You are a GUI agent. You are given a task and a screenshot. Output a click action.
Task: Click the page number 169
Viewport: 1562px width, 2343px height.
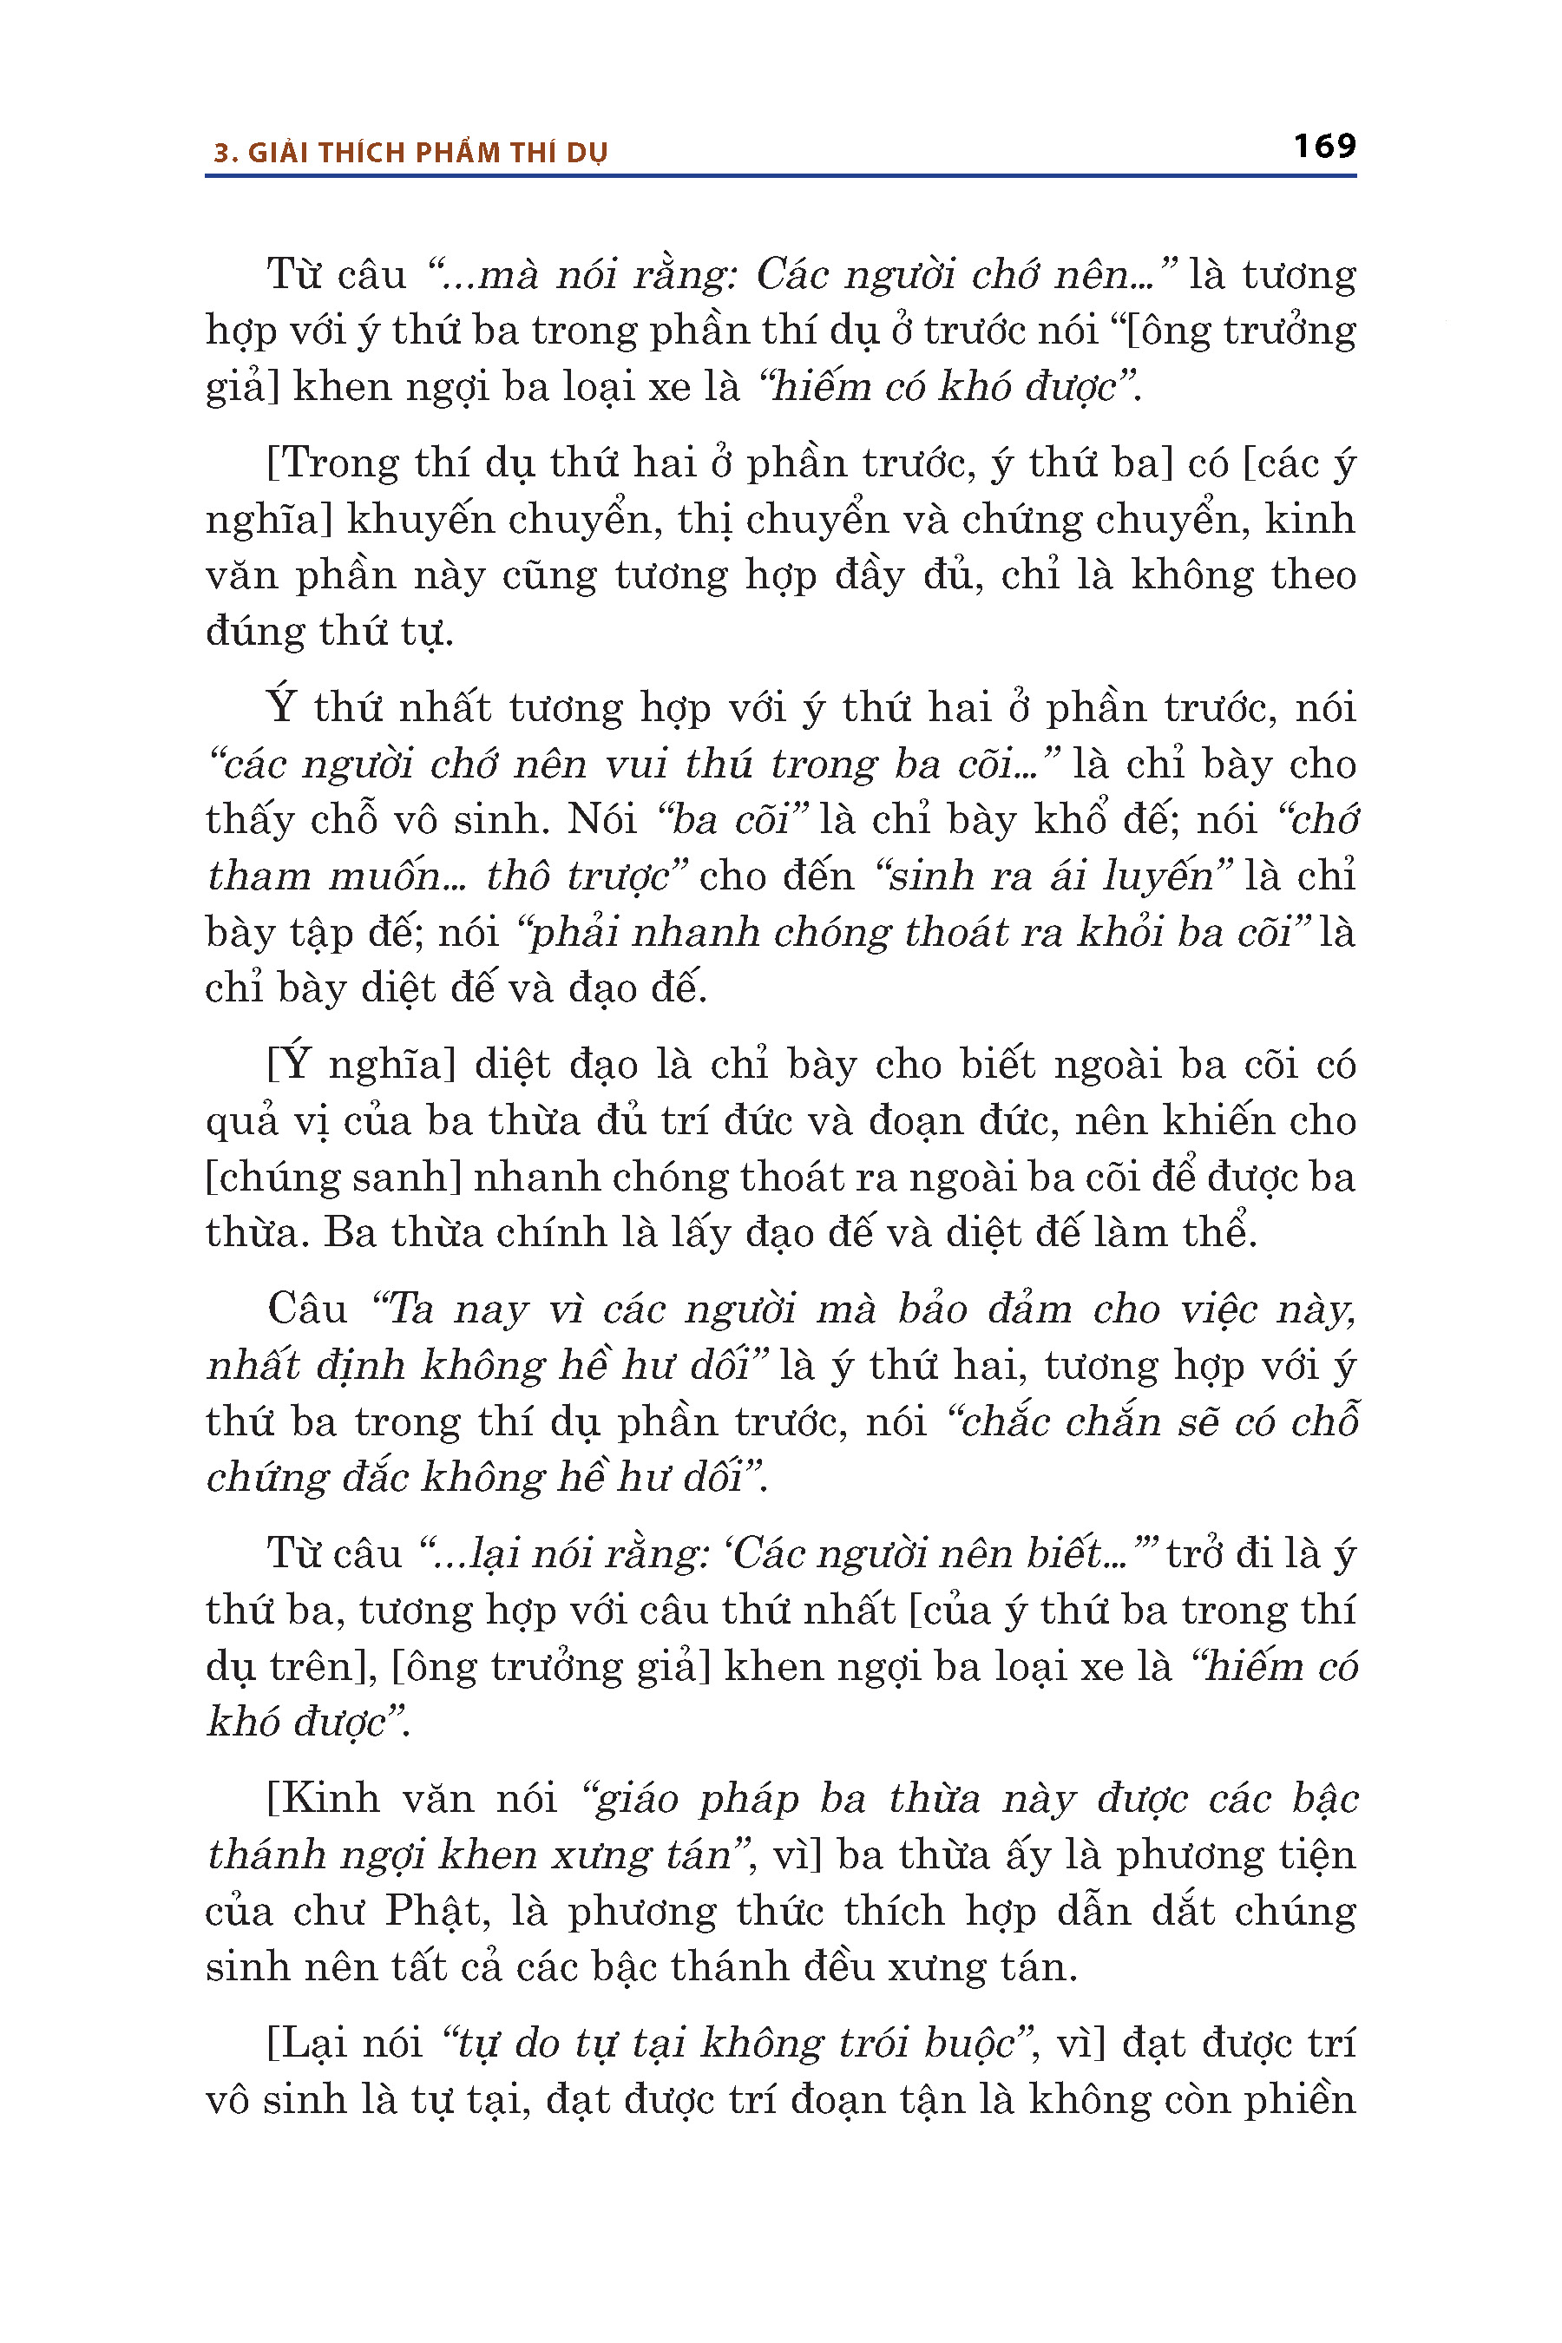click(x=1324, y=147)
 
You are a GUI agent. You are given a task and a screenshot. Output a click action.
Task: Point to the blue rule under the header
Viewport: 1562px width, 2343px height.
click(x=780, y=176)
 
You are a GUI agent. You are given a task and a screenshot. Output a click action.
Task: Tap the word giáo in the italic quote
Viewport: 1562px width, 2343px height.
click(x=633, y=1799)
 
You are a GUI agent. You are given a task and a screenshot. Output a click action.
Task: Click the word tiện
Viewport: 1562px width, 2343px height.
click(x=1312, y=1855)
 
